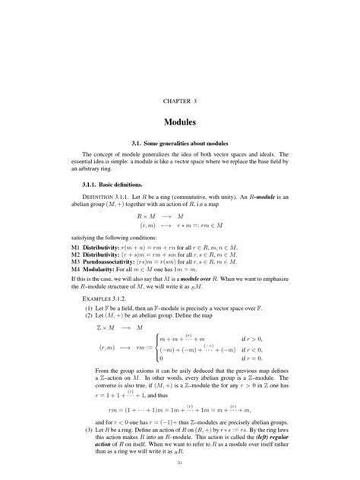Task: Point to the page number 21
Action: click(x=179, y=463)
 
